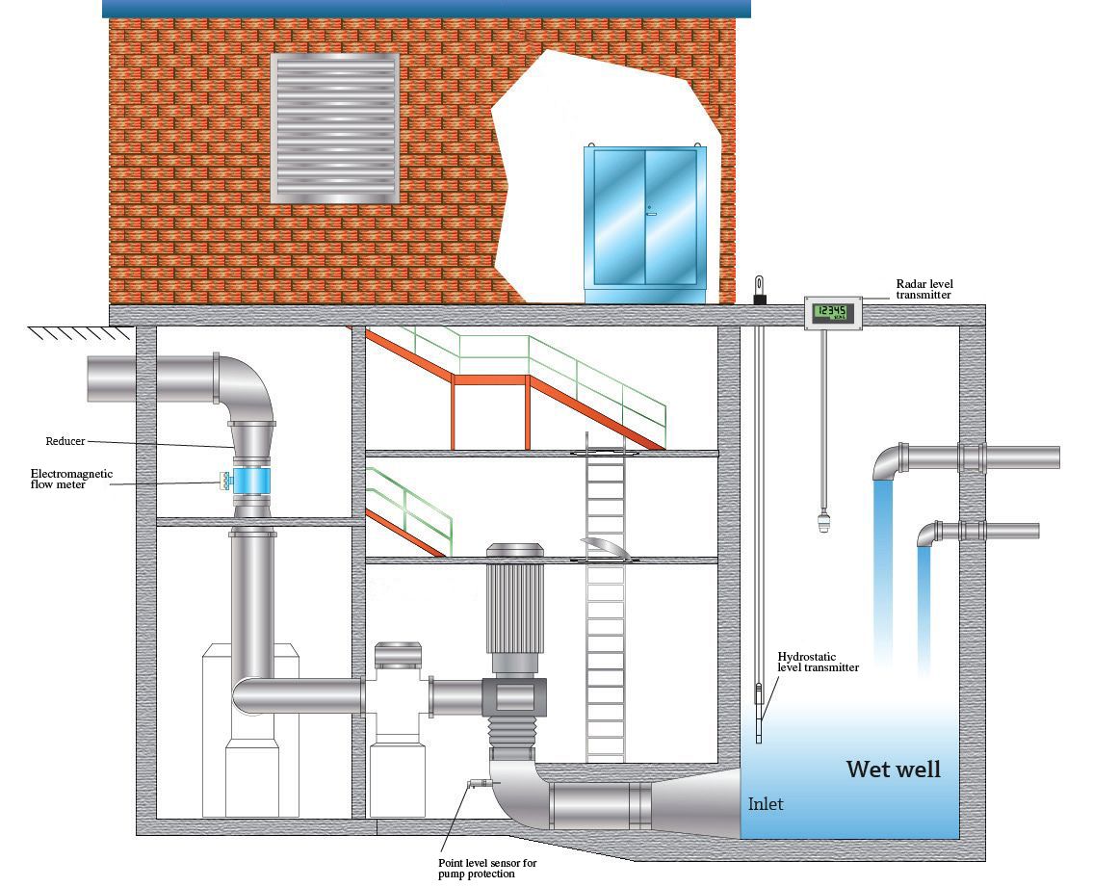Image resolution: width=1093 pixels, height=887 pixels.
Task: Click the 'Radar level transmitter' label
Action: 924,289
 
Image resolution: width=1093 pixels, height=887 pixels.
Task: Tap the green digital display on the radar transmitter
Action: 830,312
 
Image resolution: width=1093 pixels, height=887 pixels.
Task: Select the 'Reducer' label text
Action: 65,441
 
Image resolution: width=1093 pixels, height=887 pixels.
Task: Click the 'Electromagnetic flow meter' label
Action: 72,479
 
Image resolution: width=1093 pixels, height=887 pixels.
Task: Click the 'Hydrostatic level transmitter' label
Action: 819,661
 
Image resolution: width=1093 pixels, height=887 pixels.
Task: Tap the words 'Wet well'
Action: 893,770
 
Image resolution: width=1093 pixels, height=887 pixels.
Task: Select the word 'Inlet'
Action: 766,804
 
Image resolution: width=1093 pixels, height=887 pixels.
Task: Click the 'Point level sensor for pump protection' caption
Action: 486,869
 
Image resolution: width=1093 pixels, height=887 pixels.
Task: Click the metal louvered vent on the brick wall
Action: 334,127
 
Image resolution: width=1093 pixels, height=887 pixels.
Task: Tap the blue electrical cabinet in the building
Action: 644,221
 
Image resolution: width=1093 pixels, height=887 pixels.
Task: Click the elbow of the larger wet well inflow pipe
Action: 887,461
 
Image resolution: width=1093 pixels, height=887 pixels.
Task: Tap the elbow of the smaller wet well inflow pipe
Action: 928,533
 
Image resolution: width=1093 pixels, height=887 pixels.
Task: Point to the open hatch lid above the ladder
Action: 605,546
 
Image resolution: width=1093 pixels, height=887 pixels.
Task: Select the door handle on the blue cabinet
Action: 651,211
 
